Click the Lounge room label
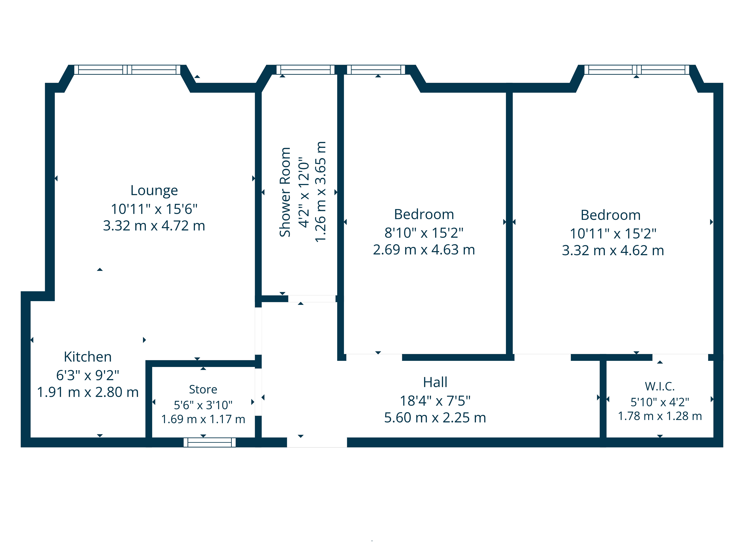pos(154,190)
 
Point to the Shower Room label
pos(285,192)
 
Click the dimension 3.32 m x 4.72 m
pos(154,226)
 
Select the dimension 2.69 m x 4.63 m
pos(424,250)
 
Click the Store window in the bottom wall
pos(210,442)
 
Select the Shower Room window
pos(305,70)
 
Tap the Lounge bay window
pos(127,70)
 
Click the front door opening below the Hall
pos(317,442)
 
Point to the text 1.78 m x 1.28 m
pos(660,416)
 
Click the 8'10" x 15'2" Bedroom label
pos(424,214)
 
